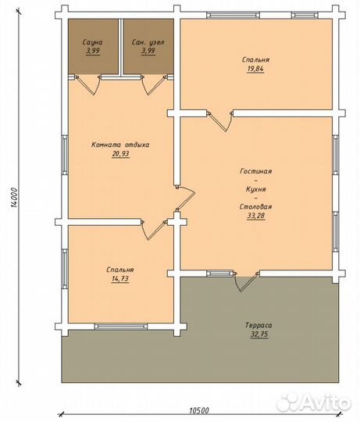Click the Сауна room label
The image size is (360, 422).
pos(92,42)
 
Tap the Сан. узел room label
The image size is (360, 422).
pos(148,42)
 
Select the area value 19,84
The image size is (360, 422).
pos(255,69)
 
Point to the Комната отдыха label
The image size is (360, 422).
pos(120,145)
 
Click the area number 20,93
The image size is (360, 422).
pos(121,154)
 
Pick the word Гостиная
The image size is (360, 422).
pos(255,171)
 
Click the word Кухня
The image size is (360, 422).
pos(256,189)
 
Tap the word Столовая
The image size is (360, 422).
pos(255,206)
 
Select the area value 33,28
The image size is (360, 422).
pos(256,216)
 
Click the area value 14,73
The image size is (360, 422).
pos(120,279)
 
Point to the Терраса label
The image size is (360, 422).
pos(258,325)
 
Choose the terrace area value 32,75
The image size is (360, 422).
pos(259,334)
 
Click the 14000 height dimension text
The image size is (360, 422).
pos(14,197)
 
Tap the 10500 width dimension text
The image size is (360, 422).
pos(199,411)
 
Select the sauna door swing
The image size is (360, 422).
pos(87,86)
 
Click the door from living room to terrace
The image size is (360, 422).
pos(246,282)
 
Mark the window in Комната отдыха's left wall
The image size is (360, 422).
pos(65,155)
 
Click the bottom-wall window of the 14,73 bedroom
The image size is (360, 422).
pos(121,327)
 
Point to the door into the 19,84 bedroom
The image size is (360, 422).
pos(220,122)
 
